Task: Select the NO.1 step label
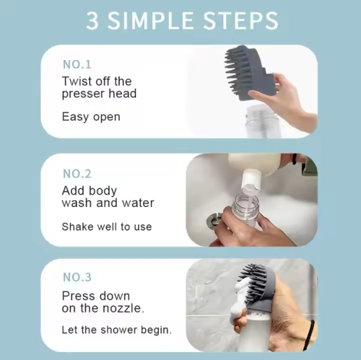[77, 64]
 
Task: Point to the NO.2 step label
[77, 173]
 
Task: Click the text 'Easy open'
[91, 116]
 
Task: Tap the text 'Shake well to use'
[107, 227]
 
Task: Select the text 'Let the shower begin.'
[117, 330]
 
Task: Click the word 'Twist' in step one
[77, 81]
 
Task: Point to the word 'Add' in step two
[74, 190]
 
